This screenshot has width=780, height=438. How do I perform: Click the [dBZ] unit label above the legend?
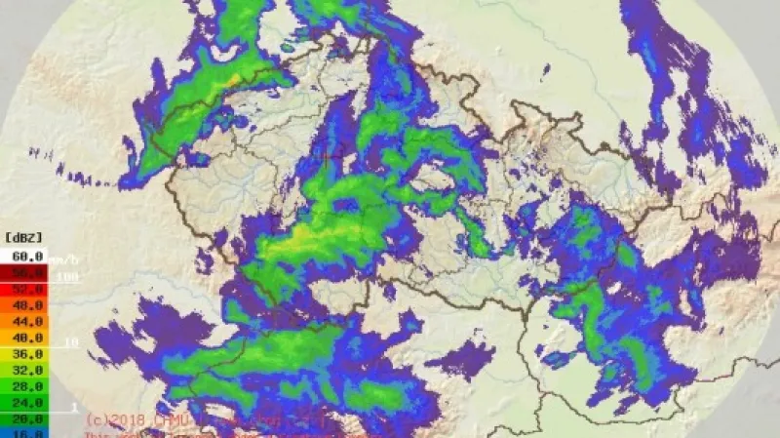24,236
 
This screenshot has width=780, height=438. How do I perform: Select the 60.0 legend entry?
24,256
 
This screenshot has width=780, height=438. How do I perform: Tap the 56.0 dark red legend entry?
24,273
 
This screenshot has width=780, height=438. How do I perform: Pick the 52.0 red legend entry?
24,290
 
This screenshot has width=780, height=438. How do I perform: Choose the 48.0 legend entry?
24,306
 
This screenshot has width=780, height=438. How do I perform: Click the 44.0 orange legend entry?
24,322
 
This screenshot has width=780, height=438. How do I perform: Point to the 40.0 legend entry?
24,338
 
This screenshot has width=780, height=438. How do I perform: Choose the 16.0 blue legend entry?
24,433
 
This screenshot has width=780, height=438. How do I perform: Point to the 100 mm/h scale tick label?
66,279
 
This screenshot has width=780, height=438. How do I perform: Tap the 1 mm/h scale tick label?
73,406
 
